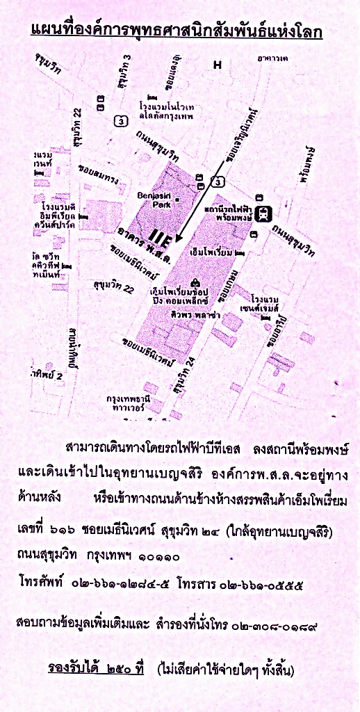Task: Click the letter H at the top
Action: point(218,65)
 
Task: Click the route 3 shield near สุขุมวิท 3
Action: point(122,120)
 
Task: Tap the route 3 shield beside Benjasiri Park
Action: point(219,182)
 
